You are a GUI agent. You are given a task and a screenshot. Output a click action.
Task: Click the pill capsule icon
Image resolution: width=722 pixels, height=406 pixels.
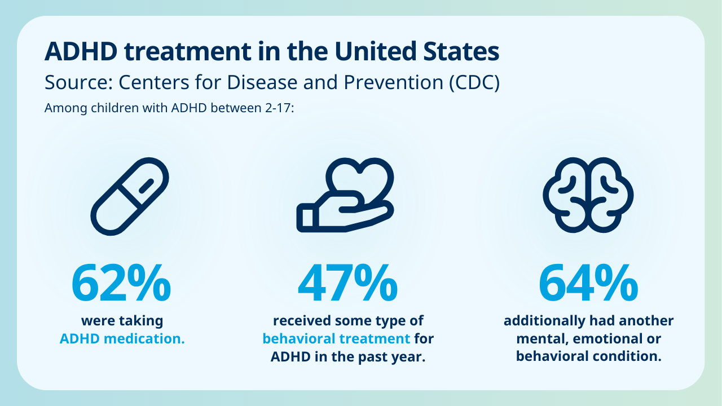coord(130,196)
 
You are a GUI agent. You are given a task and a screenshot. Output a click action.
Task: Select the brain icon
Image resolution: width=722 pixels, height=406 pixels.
coord(588,195)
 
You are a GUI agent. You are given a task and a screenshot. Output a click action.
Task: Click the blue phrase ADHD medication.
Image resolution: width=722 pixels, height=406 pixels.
coord(122,339)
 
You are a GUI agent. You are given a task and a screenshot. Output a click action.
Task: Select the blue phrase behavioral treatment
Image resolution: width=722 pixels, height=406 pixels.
coord(336,339)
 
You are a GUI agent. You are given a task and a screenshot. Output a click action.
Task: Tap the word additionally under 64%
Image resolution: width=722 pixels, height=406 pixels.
coord(543,321)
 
